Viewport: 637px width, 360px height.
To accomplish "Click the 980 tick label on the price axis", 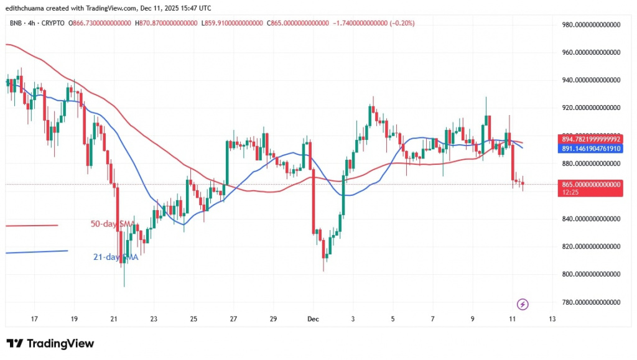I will tap(591, 25).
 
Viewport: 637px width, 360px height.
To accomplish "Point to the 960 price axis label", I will tap(591, 53).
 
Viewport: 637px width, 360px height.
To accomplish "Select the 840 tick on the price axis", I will tap(591, 219).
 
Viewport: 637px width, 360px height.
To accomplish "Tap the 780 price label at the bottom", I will tap(591, 302).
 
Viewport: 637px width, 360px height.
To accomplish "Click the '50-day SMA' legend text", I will tap(112, 223).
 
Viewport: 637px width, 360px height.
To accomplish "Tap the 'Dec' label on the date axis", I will tap(313, 319).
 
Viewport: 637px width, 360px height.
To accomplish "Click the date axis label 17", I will tap(34, 319).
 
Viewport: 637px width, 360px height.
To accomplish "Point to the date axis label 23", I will tap(154, 319).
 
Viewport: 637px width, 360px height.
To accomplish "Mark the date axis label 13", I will tap(552, 319).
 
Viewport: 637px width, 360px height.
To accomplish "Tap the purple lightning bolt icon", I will tap(523, 304).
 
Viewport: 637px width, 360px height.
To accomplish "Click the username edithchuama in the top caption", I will tap(29, 8).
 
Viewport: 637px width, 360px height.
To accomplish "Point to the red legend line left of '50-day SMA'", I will tap(31, 225).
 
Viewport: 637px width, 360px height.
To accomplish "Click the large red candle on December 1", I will tap(314, 187).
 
